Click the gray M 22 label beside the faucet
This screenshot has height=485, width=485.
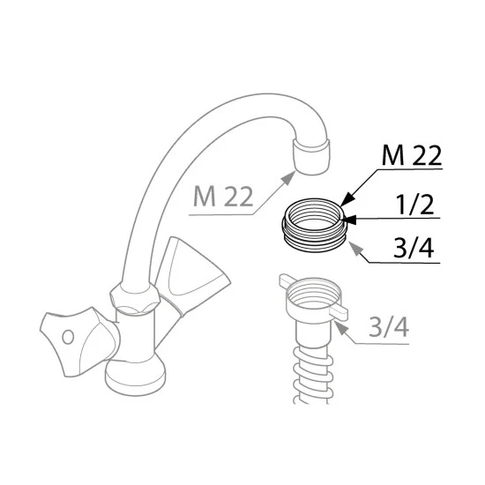[x=223, y=196]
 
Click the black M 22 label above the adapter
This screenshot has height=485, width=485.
[x=412, y=155]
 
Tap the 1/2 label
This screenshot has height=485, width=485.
[x=415, y=205]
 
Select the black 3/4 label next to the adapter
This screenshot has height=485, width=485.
[x=414, y=248]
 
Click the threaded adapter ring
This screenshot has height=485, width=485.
[x=313, y=225]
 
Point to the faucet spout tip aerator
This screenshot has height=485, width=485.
[x=311, y=157]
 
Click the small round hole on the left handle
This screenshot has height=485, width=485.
[x=68, y=337]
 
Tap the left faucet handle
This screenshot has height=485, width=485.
[x=79, y=341]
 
